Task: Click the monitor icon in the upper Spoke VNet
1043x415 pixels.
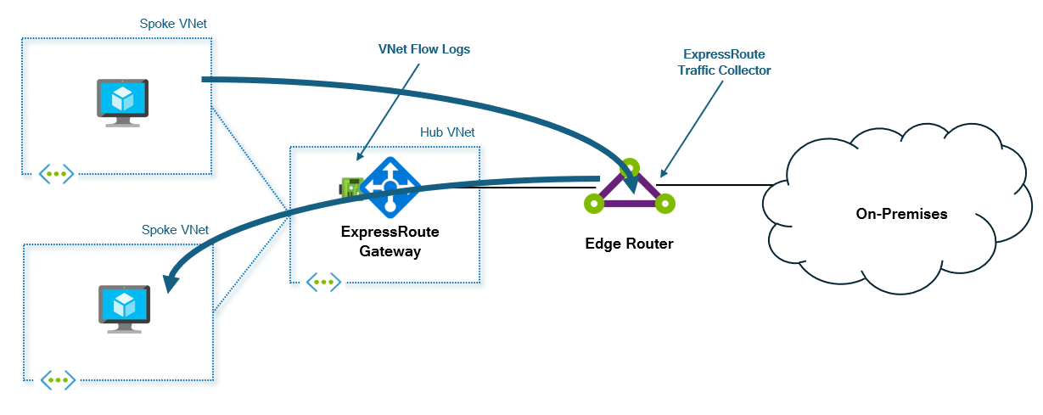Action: click(122, 103)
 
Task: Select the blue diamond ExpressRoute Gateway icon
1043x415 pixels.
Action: click(390, 186)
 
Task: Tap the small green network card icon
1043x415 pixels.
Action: click(350, 187)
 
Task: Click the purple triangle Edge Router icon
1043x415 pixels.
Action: click(629, 189)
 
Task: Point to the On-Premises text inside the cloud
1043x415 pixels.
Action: click(901, 214)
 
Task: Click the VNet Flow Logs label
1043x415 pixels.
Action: click(423, 49)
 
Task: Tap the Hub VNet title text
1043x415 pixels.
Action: click(447, 132)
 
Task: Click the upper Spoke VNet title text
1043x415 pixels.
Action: click(173, 24)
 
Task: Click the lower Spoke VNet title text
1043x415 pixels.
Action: click(175, 230)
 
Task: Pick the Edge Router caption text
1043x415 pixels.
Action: click(629, 244)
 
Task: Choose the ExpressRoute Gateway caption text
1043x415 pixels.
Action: click(390, 241)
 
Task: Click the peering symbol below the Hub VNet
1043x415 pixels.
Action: click(323, 281)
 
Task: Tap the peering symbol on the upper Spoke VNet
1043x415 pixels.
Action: click(56, 174)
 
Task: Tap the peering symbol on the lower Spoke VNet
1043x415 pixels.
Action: click(58, 379)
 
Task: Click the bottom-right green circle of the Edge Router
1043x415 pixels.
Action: click(664, 204)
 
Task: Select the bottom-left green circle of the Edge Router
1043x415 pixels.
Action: click(593, 204)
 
